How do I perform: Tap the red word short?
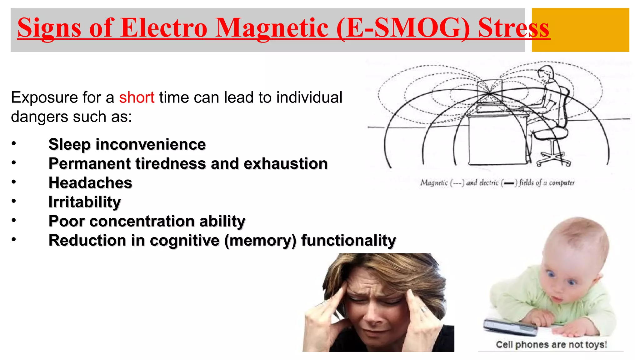click(137, 97)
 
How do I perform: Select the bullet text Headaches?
click(90, 183)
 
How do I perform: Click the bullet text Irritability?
click(85, 202)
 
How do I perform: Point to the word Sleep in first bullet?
click(69, 145)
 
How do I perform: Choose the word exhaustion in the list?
click(285, 164)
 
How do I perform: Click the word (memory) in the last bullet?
click(260, 241)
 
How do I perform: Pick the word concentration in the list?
click(142, 221)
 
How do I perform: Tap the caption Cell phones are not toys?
click(551, 345)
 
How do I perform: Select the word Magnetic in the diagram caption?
click(434, 182)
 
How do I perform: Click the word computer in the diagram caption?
click(562, 182)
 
